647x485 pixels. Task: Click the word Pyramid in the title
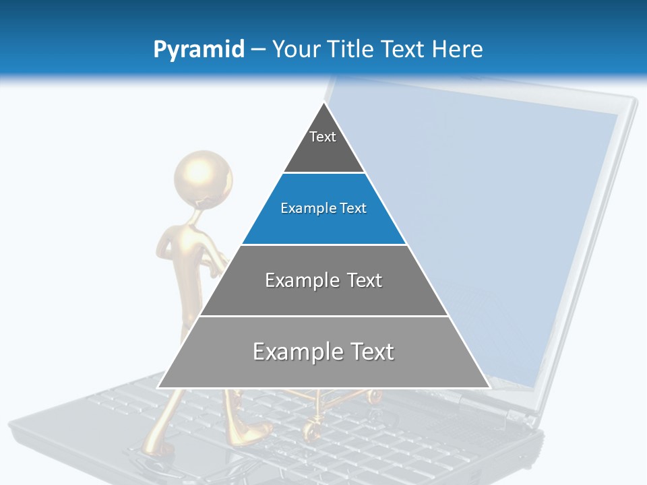pos(199,50)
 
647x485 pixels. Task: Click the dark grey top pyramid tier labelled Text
pos(323,145)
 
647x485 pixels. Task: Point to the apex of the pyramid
pos(324,104)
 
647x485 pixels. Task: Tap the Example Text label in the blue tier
pos(323,209)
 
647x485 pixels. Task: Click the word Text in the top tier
pos(323,137)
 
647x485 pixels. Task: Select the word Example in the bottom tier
pos(288,352)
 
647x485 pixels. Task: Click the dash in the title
pos(258,50)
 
